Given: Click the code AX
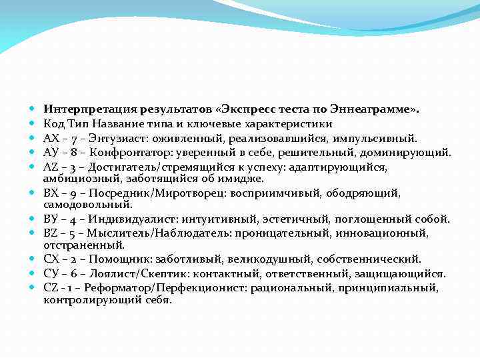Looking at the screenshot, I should [50, 138].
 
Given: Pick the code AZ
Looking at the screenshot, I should [50, 167].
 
